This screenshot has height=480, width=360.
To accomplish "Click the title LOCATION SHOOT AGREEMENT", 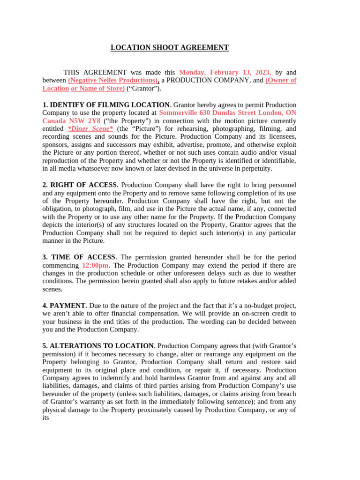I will coord(169,47).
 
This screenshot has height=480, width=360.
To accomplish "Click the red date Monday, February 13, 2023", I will coord(225,73).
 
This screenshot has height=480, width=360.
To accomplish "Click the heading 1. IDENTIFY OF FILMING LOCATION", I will coord(106,105).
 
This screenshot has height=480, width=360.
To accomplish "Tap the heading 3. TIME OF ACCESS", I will coord(78,257).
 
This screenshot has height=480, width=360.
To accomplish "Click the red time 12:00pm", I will coord(95,265).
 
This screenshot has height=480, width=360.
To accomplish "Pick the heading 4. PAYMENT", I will coord(64,306).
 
